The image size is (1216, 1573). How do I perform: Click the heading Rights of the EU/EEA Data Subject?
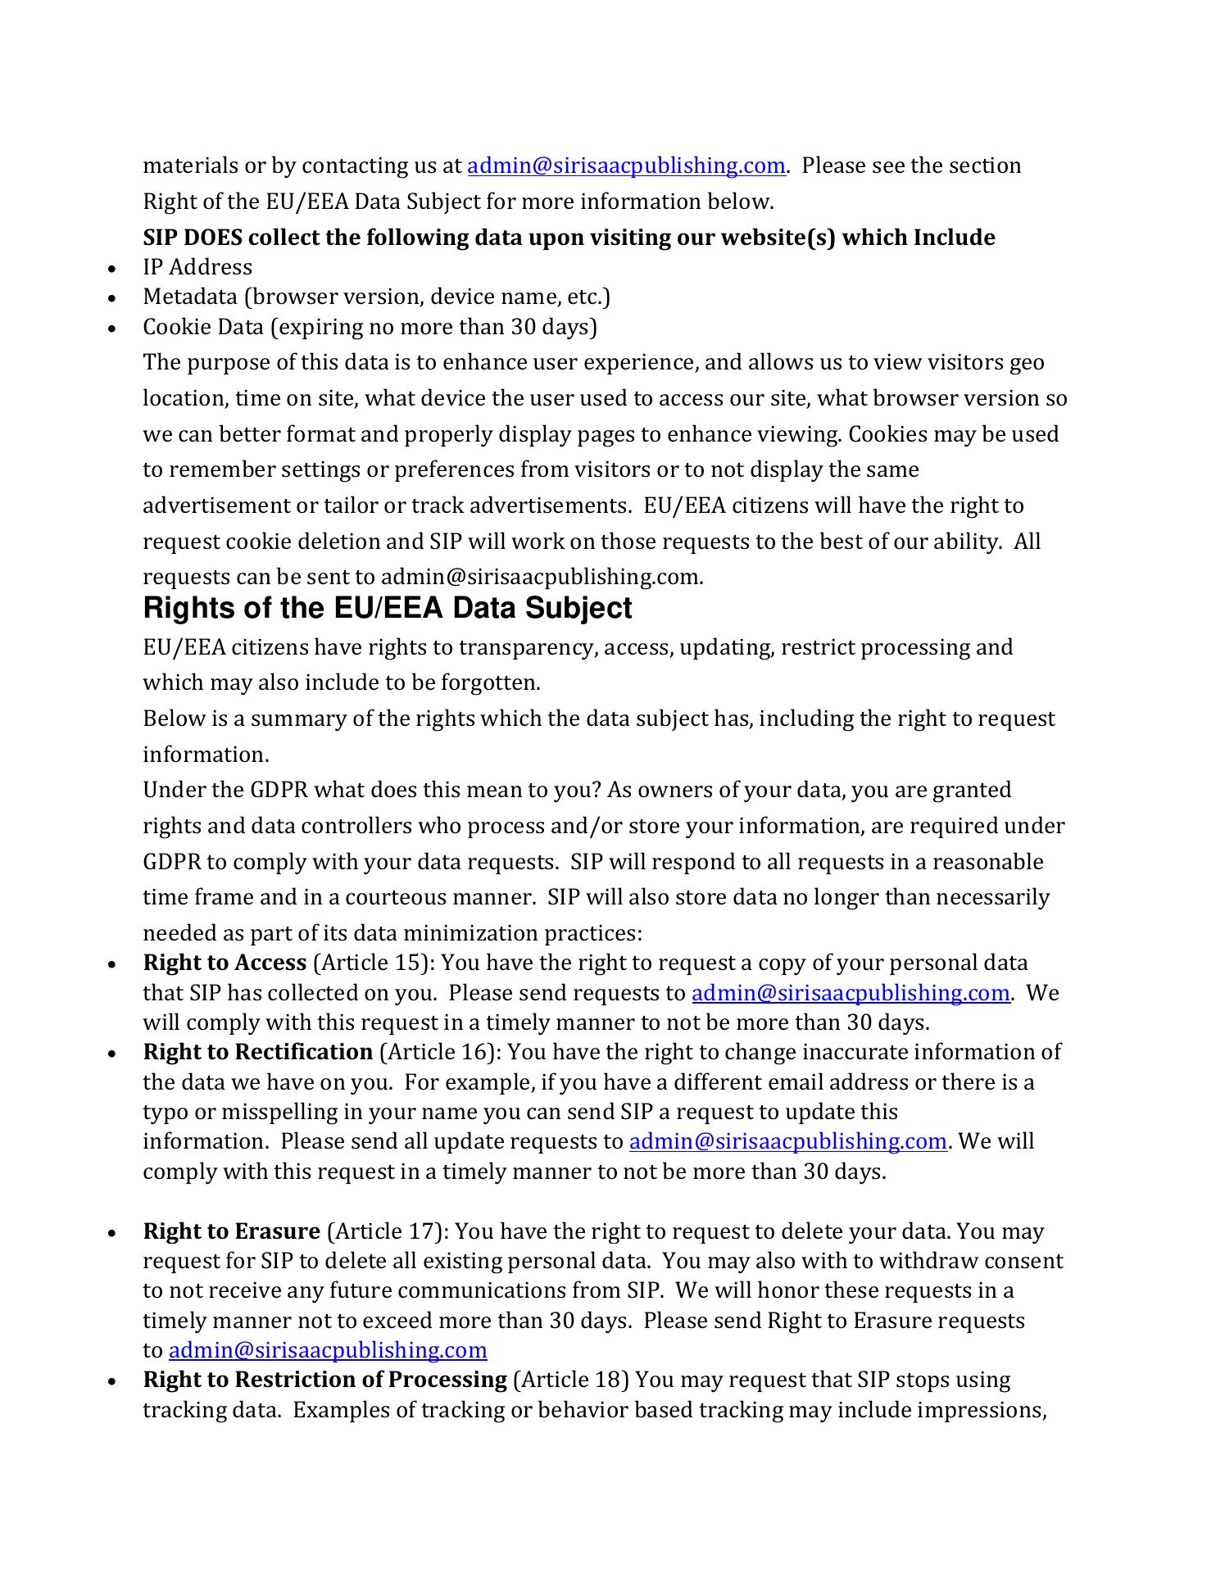coord(388,609)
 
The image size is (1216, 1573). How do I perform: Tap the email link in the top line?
coord(626,166)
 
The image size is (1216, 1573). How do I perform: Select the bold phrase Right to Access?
coord(225,963)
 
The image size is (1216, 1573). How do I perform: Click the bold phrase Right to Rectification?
coord(258,1052)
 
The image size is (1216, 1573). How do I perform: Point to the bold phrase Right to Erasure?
coord(231,1231)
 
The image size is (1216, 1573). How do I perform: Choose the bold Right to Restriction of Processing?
coord(324,1380)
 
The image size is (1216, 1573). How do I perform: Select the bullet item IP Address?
coord(197,267)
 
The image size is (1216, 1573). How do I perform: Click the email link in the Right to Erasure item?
coord(328,1350)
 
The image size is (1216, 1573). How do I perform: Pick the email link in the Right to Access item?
coord(851,993)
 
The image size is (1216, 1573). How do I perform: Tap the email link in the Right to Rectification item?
coord(788,1141)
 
